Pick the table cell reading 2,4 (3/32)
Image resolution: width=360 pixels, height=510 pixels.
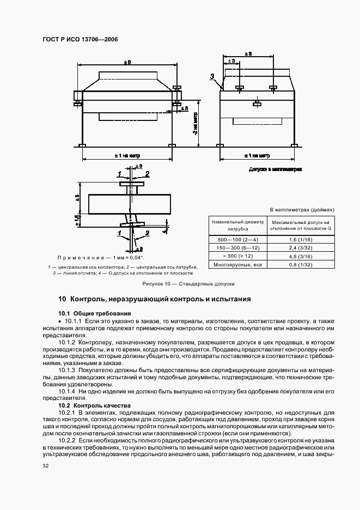coord(301,247)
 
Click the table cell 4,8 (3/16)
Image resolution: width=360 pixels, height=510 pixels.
coord(301,256)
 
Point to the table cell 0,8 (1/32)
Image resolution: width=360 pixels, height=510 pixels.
coord(301,265)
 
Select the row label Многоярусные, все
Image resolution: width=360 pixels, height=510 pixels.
coord(239,265)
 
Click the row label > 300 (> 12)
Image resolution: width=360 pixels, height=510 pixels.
coord(239,256)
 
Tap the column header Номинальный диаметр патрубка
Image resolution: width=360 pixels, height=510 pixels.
coord(239,225)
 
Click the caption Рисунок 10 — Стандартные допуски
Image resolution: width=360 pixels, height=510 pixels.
coord(188,284)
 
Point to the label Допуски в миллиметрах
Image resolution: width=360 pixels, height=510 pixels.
coord(275,170)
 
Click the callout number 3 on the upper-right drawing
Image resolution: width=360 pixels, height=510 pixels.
coord(212,77)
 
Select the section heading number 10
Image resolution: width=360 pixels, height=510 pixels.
coord(62,299)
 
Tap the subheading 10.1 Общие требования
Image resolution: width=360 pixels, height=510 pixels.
coord(95,313)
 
